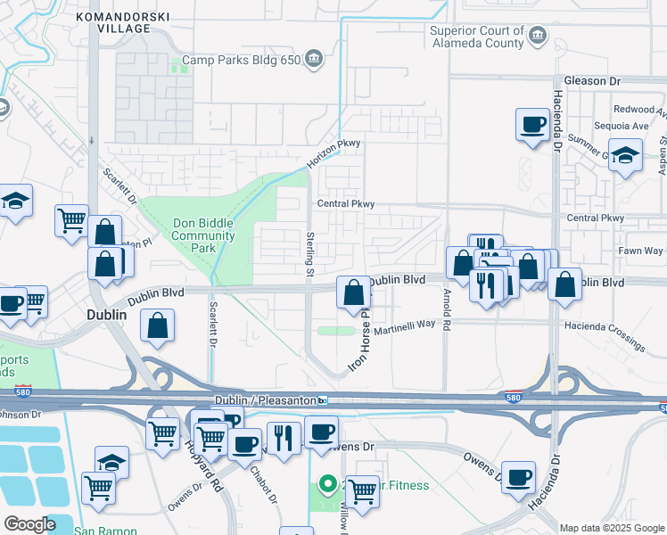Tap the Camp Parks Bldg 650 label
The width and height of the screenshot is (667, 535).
click(x=241, y=61)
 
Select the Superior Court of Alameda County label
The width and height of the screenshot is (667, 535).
click(x=477, y=37)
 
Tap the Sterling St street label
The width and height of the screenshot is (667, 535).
click(x=311, y=252)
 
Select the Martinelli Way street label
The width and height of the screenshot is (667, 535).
click(x=403, y=329)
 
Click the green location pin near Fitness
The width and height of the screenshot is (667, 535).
click(x=327, y=484)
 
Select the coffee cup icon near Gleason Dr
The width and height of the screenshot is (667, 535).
click(x=532, y=125)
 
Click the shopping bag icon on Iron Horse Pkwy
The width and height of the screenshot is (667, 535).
click(x=354, y=292)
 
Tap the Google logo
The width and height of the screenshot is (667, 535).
click(x=29, y=523)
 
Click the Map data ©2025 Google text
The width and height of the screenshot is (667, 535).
click(x=612, y=528)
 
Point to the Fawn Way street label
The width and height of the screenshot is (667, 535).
click(x=641, y=251)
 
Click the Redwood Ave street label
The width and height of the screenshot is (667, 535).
click(x=645, y=109)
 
